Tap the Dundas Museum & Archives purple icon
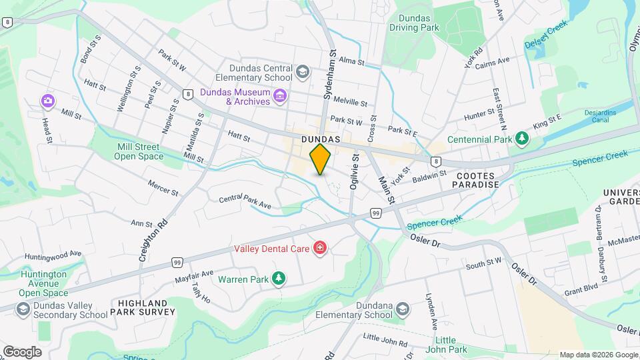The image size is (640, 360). [x=280, y=97]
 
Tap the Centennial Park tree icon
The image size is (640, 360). [x=523, y=139]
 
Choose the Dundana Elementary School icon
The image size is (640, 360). [x=402, y=309]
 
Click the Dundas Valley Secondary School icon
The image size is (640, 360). [x=23, y=309]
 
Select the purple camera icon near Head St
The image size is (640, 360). [x=47, y=101]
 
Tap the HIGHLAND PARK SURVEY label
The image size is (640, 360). [x=146, y=307]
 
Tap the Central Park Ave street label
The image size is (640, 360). [x=245, y=202]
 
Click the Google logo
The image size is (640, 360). [x=22, y=351]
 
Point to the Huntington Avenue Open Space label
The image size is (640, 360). [x=43, y=283]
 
